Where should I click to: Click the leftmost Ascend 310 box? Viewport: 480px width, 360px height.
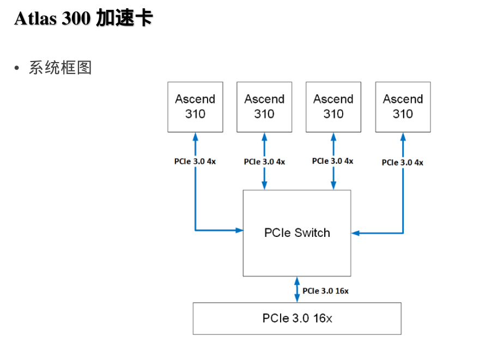point(195,107)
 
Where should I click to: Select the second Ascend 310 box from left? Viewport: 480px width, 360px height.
point(264,107)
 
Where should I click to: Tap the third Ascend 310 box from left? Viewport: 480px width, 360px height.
point(333,107)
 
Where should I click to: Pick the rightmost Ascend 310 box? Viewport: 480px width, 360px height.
point(403,107)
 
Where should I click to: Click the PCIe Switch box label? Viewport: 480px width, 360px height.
point(297,233)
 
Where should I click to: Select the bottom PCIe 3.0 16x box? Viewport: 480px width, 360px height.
point(297,318)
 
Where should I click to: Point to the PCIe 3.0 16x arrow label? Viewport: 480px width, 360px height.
point(325,291)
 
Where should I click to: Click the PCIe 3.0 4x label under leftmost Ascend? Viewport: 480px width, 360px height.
point(195,162)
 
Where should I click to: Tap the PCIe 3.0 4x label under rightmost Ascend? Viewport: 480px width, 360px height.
point(403,162)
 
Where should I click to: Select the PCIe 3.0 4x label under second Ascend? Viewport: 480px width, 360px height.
point(264,162)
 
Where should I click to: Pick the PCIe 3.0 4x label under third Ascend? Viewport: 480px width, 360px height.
point(333,161)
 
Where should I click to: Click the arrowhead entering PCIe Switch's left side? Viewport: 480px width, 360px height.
point(239,230)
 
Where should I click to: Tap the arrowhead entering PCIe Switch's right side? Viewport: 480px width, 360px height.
point(355,233)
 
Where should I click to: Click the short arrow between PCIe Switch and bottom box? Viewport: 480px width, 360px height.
point(297,289)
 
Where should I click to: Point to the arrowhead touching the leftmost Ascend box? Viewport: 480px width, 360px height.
point(195,136)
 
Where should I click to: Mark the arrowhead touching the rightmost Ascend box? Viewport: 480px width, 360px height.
point(403,136)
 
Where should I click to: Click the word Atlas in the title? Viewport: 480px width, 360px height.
point(34,19)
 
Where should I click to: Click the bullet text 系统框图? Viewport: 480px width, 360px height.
point(60,68)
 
